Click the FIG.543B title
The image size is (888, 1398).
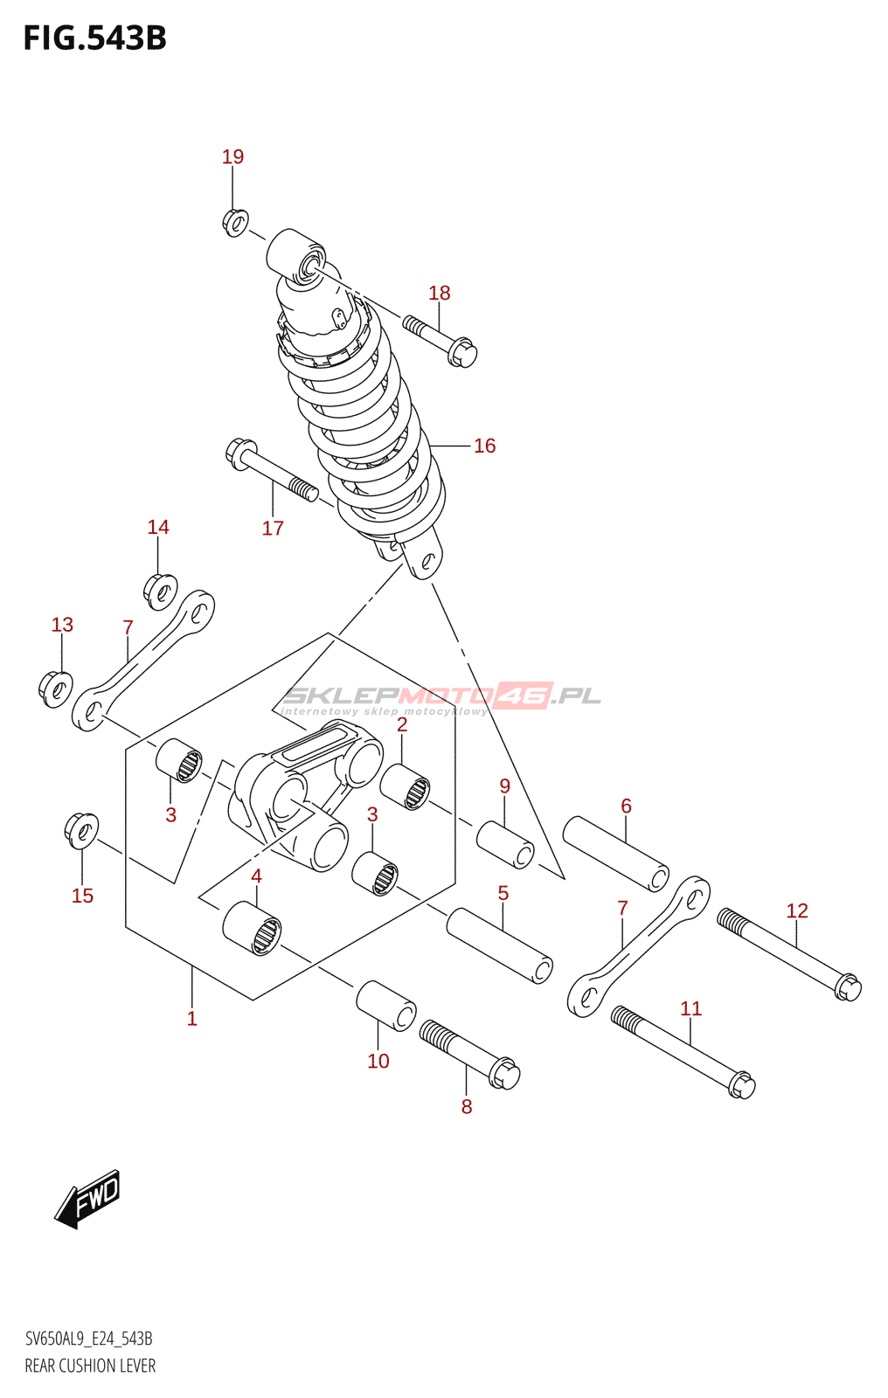click(x=94, y=38)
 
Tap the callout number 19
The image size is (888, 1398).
click(x=232, y=156)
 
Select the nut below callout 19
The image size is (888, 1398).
click(x=235, y=222)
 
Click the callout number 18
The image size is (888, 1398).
click(x=440, y=293)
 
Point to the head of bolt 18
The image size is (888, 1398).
click(x=462, y=354)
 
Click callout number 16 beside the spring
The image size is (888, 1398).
click(x=484, y=446)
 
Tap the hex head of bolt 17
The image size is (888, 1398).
click(x=239, y=453)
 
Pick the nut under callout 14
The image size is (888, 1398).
click(x=161, y=592)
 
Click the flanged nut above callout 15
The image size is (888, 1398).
click(x=81, y=829)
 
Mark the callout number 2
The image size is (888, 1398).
click(x=402, y=725)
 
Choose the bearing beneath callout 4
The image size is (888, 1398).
click(x=253, y=928)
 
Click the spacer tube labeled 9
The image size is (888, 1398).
click(x=505, y=844)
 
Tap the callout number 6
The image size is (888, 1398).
click(x=626, y=806)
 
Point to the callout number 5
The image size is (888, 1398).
click(x=503, y=893)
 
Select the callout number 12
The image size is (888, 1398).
click(x=797, y=910)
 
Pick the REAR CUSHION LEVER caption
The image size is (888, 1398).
click(x=90, y=1366)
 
